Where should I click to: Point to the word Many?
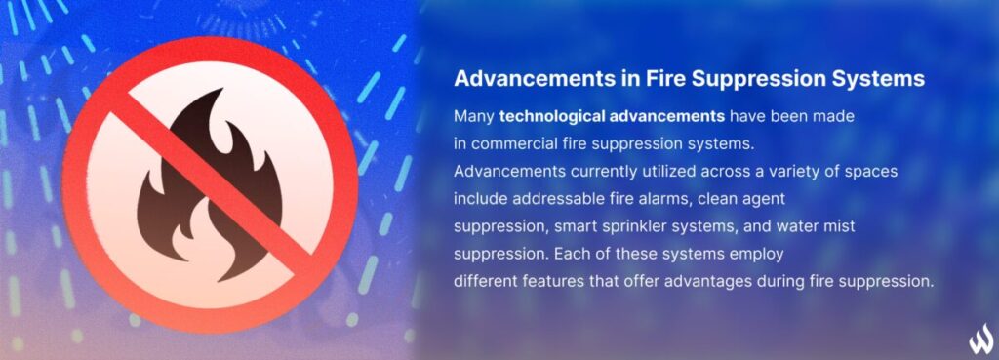tap(474, 116)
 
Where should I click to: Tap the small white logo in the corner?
tap(979, 340)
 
